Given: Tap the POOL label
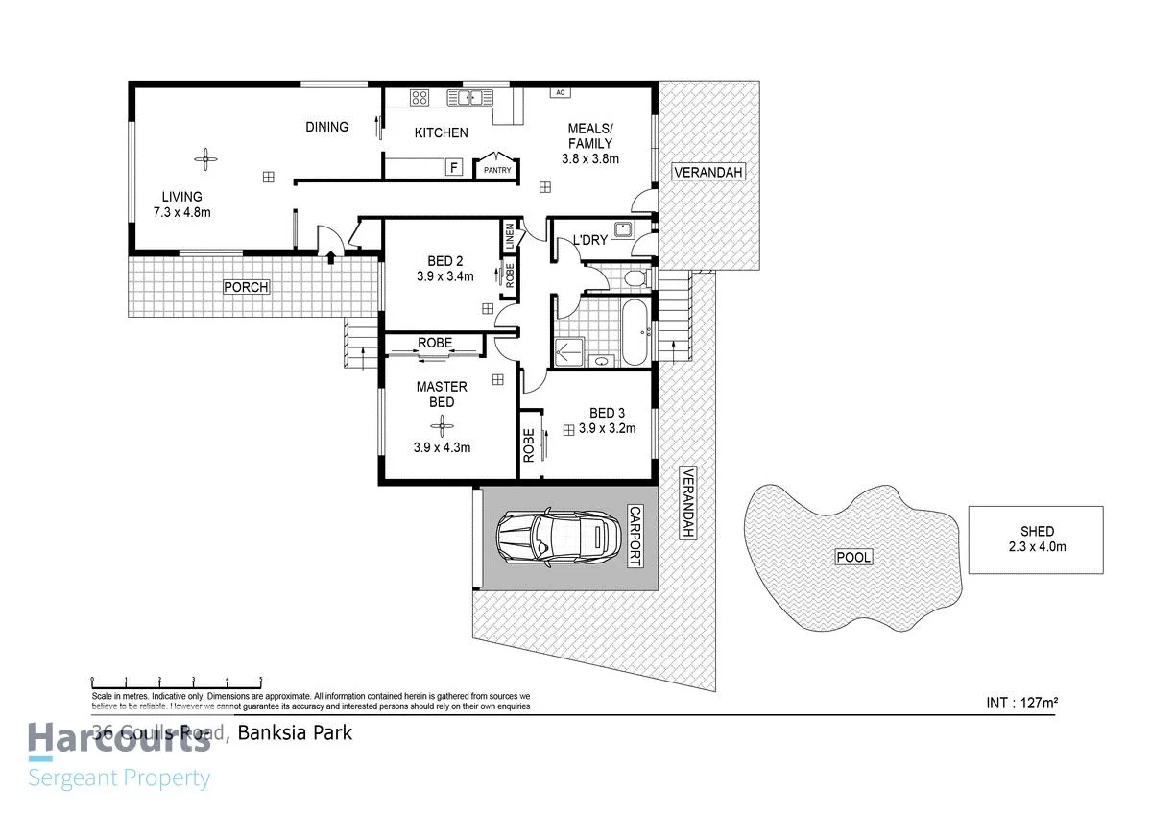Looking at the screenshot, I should (851, 557).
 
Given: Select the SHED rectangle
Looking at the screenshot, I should (1035, 539).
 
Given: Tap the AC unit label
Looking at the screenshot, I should (558, 92).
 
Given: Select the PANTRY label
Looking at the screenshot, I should (497, 171).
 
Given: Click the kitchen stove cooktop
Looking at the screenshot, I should (420, 96).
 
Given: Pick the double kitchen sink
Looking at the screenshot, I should (475, 96).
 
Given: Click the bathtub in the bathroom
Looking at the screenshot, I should (635, 331).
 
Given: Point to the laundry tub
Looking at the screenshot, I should (623, 228).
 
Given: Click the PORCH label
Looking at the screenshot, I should (246, 287).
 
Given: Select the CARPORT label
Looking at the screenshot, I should (634, 536).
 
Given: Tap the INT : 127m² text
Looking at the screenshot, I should (1021, 703).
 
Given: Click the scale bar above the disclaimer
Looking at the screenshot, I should (176, 679).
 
